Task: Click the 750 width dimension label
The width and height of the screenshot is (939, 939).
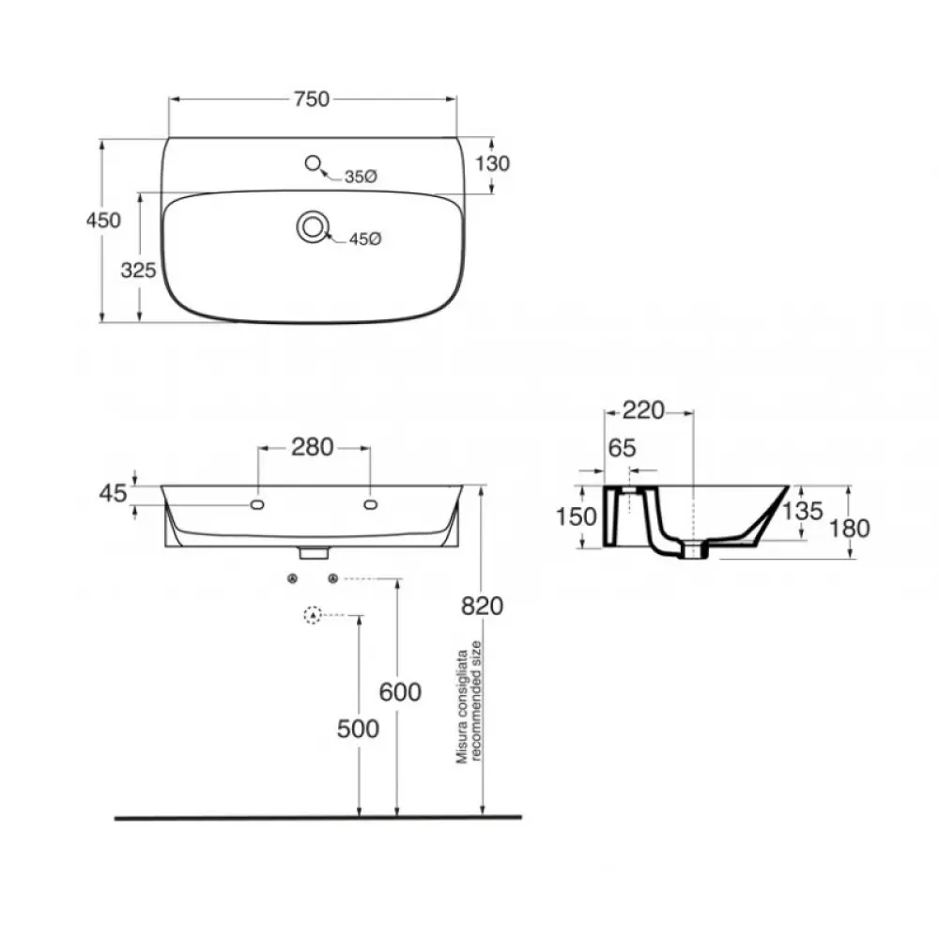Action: (312, 99)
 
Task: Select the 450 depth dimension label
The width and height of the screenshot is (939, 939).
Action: (103, 221)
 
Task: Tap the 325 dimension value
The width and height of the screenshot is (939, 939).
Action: (138, 270)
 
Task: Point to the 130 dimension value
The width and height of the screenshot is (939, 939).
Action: (492, 163)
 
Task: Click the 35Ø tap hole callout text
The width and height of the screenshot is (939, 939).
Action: (361, 177)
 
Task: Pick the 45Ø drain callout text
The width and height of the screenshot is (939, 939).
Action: (365, 239)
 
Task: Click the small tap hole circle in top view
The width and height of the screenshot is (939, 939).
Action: (313, 162)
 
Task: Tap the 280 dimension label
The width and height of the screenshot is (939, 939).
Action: (312, 447)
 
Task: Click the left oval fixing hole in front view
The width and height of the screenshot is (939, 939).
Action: (257, 505)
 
